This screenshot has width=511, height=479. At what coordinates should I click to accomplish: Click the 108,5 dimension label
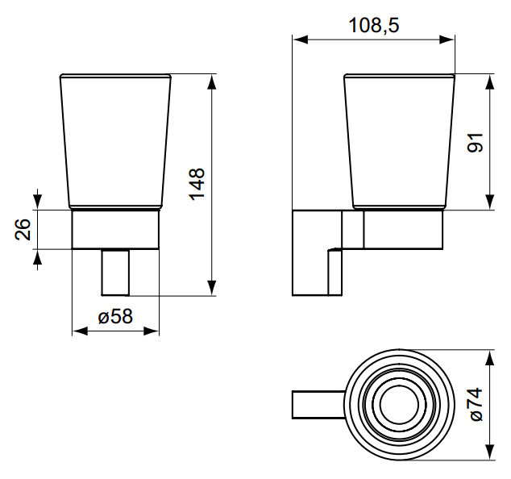[373, 26]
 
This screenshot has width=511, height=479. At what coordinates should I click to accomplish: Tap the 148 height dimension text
[197, 184]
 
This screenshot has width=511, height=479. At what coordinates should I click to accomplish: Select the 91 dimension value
[475, 143]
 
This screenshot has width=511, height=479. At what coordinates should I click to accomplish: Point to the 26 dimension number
[23, 230]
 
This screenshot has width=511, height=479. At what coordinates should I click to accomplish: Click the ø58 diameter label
[115, 316]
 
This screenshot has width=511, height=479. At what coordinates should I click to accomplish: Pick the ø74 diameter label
[476, 404]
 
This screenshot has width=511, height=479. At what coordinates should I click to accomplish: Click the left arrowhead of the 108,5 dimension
[301, 40]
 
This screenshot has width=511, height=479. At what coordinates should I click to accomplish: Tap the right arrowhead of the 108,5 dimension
[447, 40]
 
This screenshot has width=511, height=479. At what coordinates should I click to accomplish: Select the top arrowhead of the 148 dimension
[212, 81]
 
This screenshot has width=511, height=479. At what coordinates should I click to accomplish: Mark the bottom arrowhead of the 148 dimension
[212, 288]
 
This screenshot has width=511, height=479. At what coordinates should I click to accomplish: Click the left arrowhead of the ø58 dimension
[80, 331]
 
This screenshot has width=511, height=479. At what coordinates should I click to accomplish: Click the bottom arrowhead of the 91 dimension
[490, 202]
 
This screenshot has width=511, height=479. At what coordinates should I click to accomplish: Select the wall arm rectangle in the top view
[318, 404]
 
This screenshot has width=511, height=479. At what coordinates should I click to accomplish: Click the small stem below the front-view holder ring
[115, 273]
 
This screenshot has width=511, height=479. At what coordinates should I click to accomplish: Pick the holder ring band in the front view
[115, 230]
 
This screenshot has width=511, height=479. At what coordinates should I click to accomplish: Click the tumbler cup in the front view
[115, 141]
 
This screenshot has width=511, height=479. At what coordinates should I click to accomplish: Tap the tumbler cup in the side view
[399, 141]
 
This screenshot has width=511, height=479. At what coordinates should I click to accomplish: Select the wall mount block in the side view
[317, 252]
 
